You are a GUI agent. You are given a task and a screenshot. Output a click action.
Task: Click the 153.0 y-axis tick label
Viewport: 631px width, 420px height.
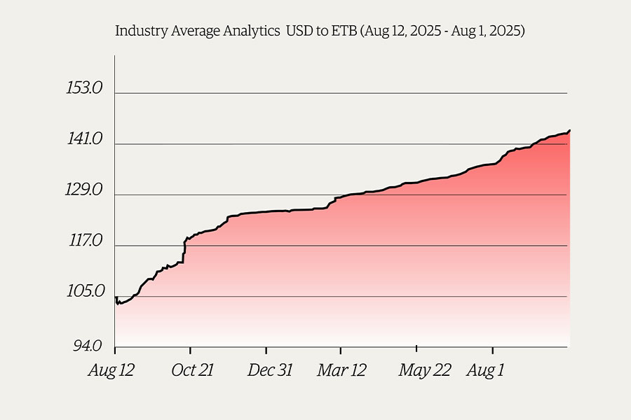85,89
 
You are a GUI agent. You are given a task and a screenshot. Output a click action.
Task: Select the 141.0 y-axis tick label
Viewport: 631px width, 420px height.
85,140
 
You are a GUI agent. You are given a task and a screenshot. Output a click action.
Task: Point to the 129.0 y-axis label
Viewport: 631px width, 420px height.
85,190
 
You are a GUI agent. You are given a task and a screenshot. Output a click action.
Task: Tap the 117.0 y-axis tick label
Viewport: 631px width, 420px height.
85,241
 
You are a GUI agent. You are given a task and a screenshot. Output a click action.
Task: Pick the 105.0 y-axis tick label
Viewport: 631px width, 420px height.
85,292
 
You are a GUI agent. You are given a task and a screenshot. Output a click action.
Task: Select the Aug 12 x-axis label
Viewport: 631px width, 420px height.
111,370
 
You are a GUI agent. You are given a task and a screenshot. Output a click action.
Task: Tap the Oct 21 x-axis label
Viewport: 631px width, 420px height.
192,370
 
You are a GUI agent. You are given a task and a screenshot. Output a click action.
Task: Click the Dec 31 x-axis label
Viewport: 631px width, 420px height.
270,370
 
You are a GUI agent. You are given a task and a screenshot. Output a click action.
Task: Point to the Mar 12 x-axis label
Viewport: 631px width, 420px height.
341,370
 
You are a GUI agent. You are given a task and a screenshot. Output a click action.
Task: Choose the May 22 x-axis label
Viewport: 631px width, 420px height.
425,370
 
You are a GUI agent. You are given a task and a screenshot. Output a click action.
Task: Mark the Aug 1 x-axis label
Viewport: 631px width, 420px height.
485,370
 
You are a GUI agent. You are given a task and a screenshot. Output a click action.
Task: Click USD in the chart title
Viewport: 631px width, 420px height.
299,31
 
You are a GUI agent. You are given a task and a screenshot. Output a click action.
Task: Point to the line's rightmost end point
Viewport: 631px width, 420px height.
569,130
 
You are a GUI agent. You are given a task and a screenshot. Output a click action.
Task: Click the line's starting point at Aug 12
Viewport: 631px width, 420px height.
115,297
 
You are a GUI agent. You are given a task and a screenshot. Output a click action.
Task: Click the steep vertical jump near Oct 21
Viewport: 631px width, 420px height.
184,252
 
